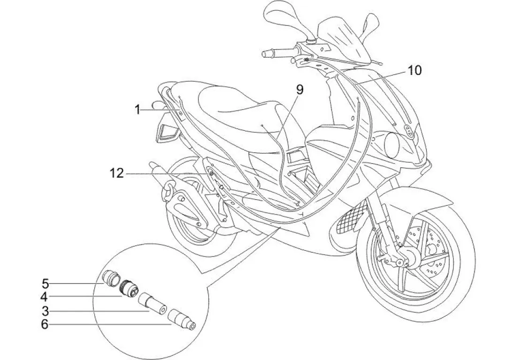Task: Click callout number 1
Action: point(137,110)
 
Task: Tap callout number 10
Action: point(414,71)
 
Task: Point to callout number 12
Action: point(117,174)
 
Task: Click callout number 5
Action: point(45,283)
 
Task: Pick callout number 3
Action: point(45,310)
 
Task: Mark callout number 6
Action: point(45,324)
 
